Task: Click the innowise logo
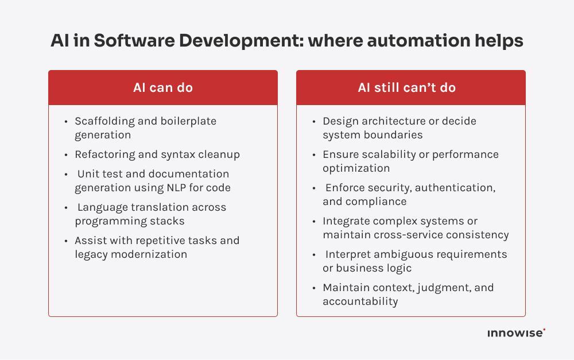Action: [x=515, y=333]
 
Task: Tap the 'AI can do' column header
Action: [x=163, y=88]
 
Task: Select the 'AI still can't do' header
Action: [x=406, y=88]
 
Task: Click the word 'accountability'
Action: [x=360, y=301]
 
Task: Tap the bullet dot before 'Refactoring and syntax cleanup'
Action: [x=67, y=154]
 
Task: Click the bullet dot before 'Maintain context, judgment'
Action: [x=315, y=288]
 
